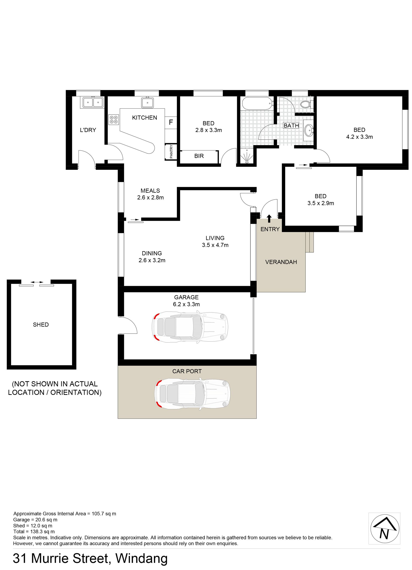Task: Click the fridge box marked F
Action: [x=171, y=123]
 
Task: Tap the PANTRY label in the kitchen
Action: [x=171, y=152]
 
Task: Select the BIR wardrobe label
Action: [x=199, y=156]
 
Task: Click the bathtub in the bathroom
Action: [x=257, y=103]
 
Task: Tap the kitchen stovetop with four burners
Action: [x=114, y=119]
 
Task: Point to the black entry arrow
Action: [x=269, y=218]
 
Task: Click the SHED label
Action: [x=41, y=324]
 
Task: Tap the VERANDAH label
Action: [x=281, y=262]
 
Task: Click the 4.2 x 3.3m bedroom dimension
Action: [x=359, y=137]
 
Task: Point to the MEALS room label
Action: [x=150, y=191]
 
